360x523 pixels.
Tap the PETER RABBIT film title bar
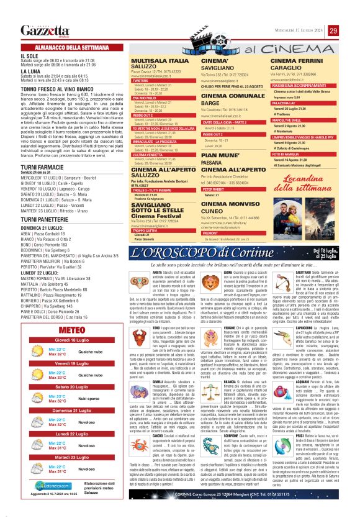pyautogui.click(x=212, y=189)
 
